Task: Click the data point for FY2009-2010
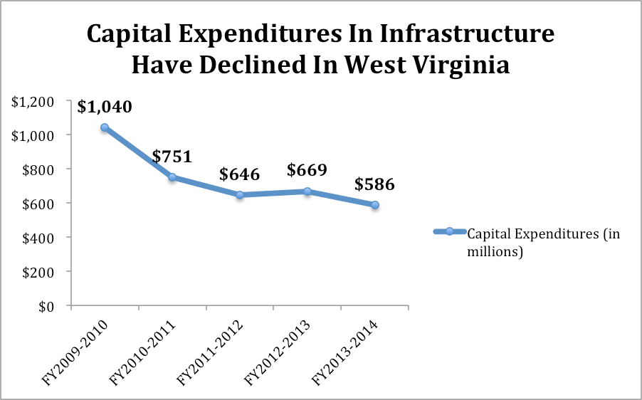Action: [105, 127]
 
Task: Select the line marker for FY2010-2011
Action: [172, 177]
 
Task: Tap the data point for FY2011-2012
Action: [240, 195]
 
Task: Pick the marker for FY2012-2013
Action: [307, 191]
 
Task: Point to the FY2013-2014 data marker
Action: [374, 205]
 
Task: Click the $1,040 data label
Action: [105, 107]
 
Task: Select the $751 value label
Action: [172, 157]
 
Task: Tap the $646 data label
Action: [240, 175]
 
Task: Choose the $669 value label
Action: [307, 171]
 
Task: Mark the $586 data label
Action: [374, 185]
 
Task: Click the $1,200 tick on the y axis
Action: [34, 100]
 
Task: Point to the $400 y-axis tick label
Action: [40, 237]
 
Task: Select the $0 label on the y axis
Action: [47, 306]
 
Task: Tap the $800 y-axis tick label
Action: [40, 169]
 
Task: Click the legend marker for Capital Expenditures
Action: [450, 232]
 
